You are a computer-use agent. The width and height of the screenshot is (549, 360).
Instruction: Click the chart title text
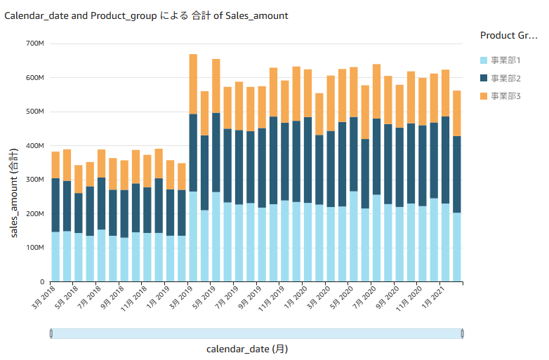pyautogui.click(x=146, y=15)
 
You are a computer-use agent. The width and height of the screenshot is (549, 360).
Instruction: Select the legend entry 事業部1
pyautogui.click(x=505, y=60)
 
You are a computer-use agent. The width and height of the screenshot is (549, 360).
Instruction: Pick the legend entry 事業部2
pyautogui.click(x=505, y=78)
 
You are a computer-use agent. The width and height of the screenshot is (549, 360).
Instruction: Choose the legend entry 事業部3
pyautogui.click(x=505, y=95)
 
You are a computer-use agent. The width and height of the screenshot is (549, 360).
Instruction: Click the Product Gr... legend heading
pyautogui.click(x=508, y=35)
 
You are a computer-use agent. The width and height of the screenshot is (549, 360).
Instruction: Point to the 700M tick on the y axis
pyautogui.click(x=34, y=44)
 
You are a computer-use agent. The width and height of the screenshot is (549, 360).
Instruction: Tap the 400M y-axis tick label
pyautogui.click(x=34, y=146)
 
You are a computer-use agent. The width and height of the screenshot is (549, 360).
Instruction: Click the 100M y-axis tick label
pyautogui.click(x=34, y=248)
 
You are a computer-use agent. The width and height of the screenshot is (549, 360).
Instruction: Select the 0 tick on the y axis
pyautogui.click(x=41, y=282)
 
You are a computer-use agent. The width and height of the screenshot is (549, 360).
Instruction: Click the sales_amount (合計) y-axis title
pyautogui.click(x=14, y=193)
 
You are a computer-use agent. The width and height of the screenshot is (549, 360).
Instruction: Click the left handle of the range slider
pyautogui.click(x=51, y=333)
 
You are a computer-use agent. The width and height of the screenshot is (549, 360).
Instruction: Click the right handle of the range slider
pyautogui.click(x=462, y=333)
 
